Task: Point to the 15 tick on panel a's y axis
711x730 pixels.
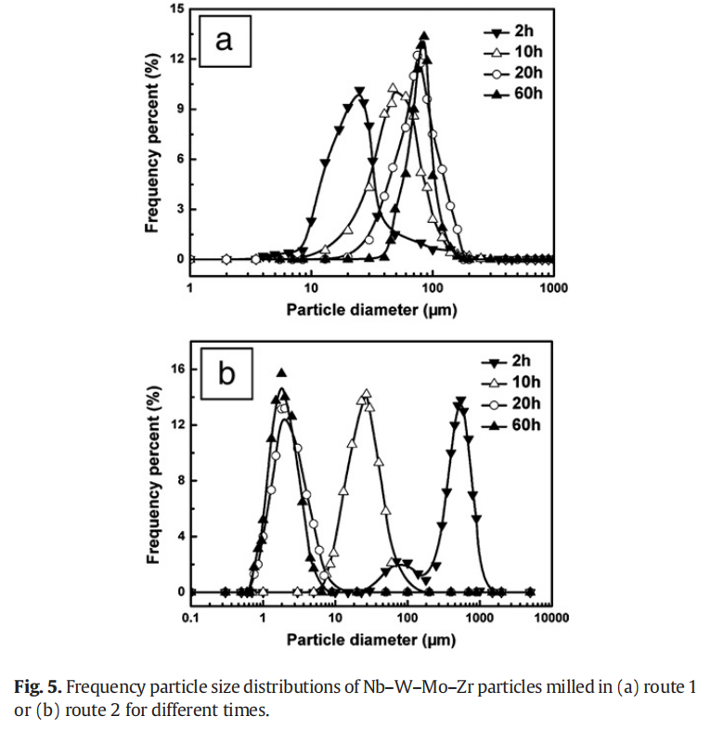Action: click(177, 9)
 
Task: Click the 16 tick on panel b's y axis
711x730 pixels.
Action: click(177, 369)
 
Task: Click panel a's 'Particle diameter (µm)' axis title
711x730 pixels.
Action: click(371, 308)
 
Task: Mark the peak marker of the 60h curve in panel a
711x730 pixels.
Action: click(423, 37)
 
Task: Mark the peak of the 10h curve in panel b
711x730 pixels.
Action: click(366, 395)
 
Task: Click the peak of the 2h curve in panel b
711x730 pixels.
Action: click(459, 401)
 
